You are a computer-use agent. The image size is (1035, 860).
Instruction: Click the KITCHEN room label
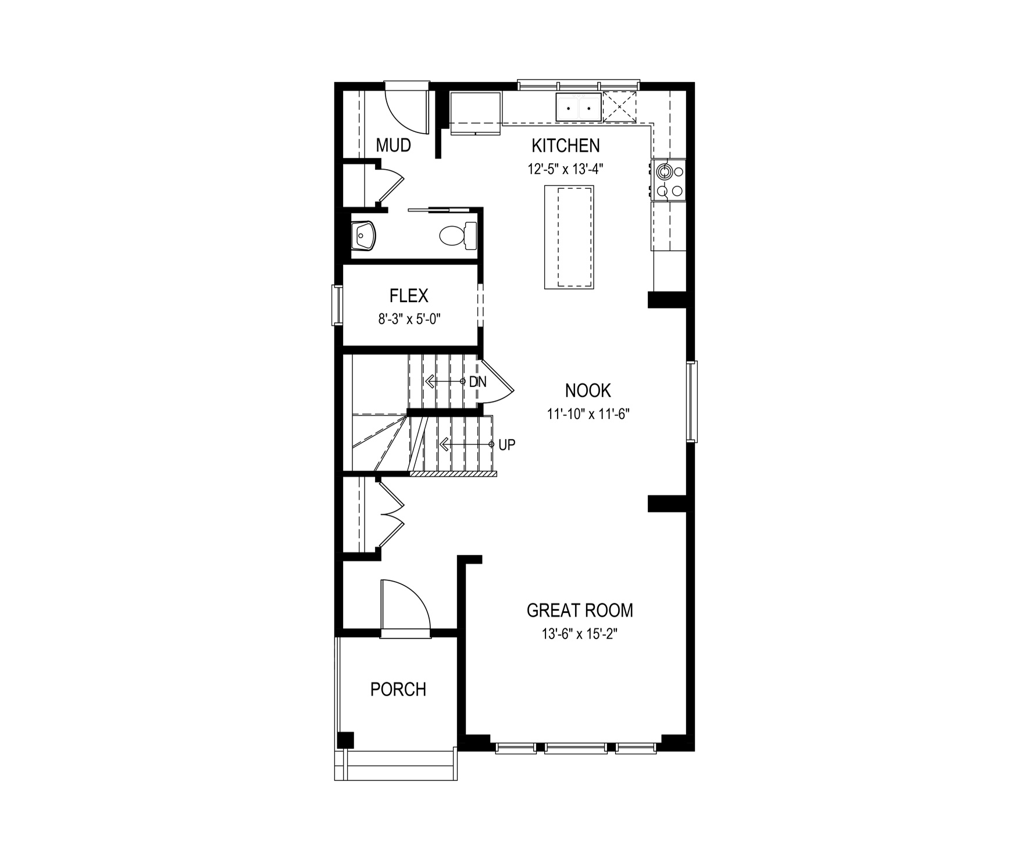(566, 145)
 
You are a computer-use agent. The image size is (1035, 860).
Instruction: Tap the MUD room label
(394, 145)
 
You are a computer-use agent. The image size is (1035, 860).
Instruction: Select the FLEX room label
(409, 296)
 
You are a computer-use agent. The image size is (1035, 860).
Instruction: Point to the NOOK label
(588, 390)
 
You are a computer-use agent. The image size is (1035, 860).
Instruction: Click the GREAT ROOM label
(580, 610)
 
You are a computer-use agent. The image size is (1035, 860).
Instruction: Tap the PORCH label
(398, 689)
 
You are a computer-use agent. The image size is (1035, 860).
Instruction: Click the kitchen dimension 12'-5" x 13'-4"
(566, 169)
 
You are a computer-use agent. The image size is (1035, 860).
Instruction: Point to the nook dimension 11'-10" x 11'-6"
(588, 414)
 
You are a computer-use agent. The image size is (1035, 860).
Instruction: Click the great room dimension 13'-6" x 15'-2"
(579, 634)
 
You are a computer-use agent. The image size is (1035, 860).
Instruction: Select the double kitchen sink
(579, 107)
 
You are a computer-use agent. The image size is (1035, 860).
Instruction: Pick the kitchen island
(569, 237)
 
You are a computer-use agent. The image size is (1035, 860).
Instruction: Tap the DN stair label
(478, 382)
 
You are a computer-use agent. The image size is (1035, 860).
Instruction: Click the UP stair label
(507, 445)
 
